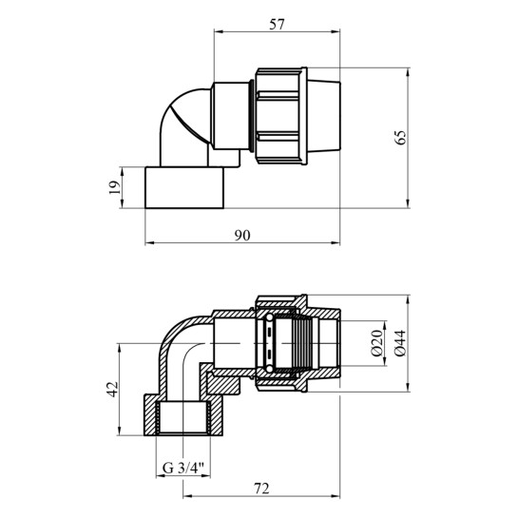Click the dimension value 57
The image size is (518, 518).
pos(277,25)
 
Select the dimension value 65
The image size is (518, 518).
pos(401,138)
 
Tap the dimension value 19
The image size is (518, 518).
pos(115,187)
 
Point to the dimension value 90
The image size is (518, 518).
pos(242,235)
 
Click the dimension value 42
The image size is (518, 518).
pos(113,389)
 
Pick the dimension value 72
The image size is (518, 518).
pos(261,489)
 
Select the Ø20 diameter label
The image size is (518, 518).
pos(377,343)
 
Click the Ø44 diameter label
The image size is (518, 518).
pos(400,343)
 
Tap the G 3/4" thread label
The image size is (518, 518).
pos(183,469)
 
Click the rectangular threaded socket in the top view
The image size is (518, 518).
pos(184,187)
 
